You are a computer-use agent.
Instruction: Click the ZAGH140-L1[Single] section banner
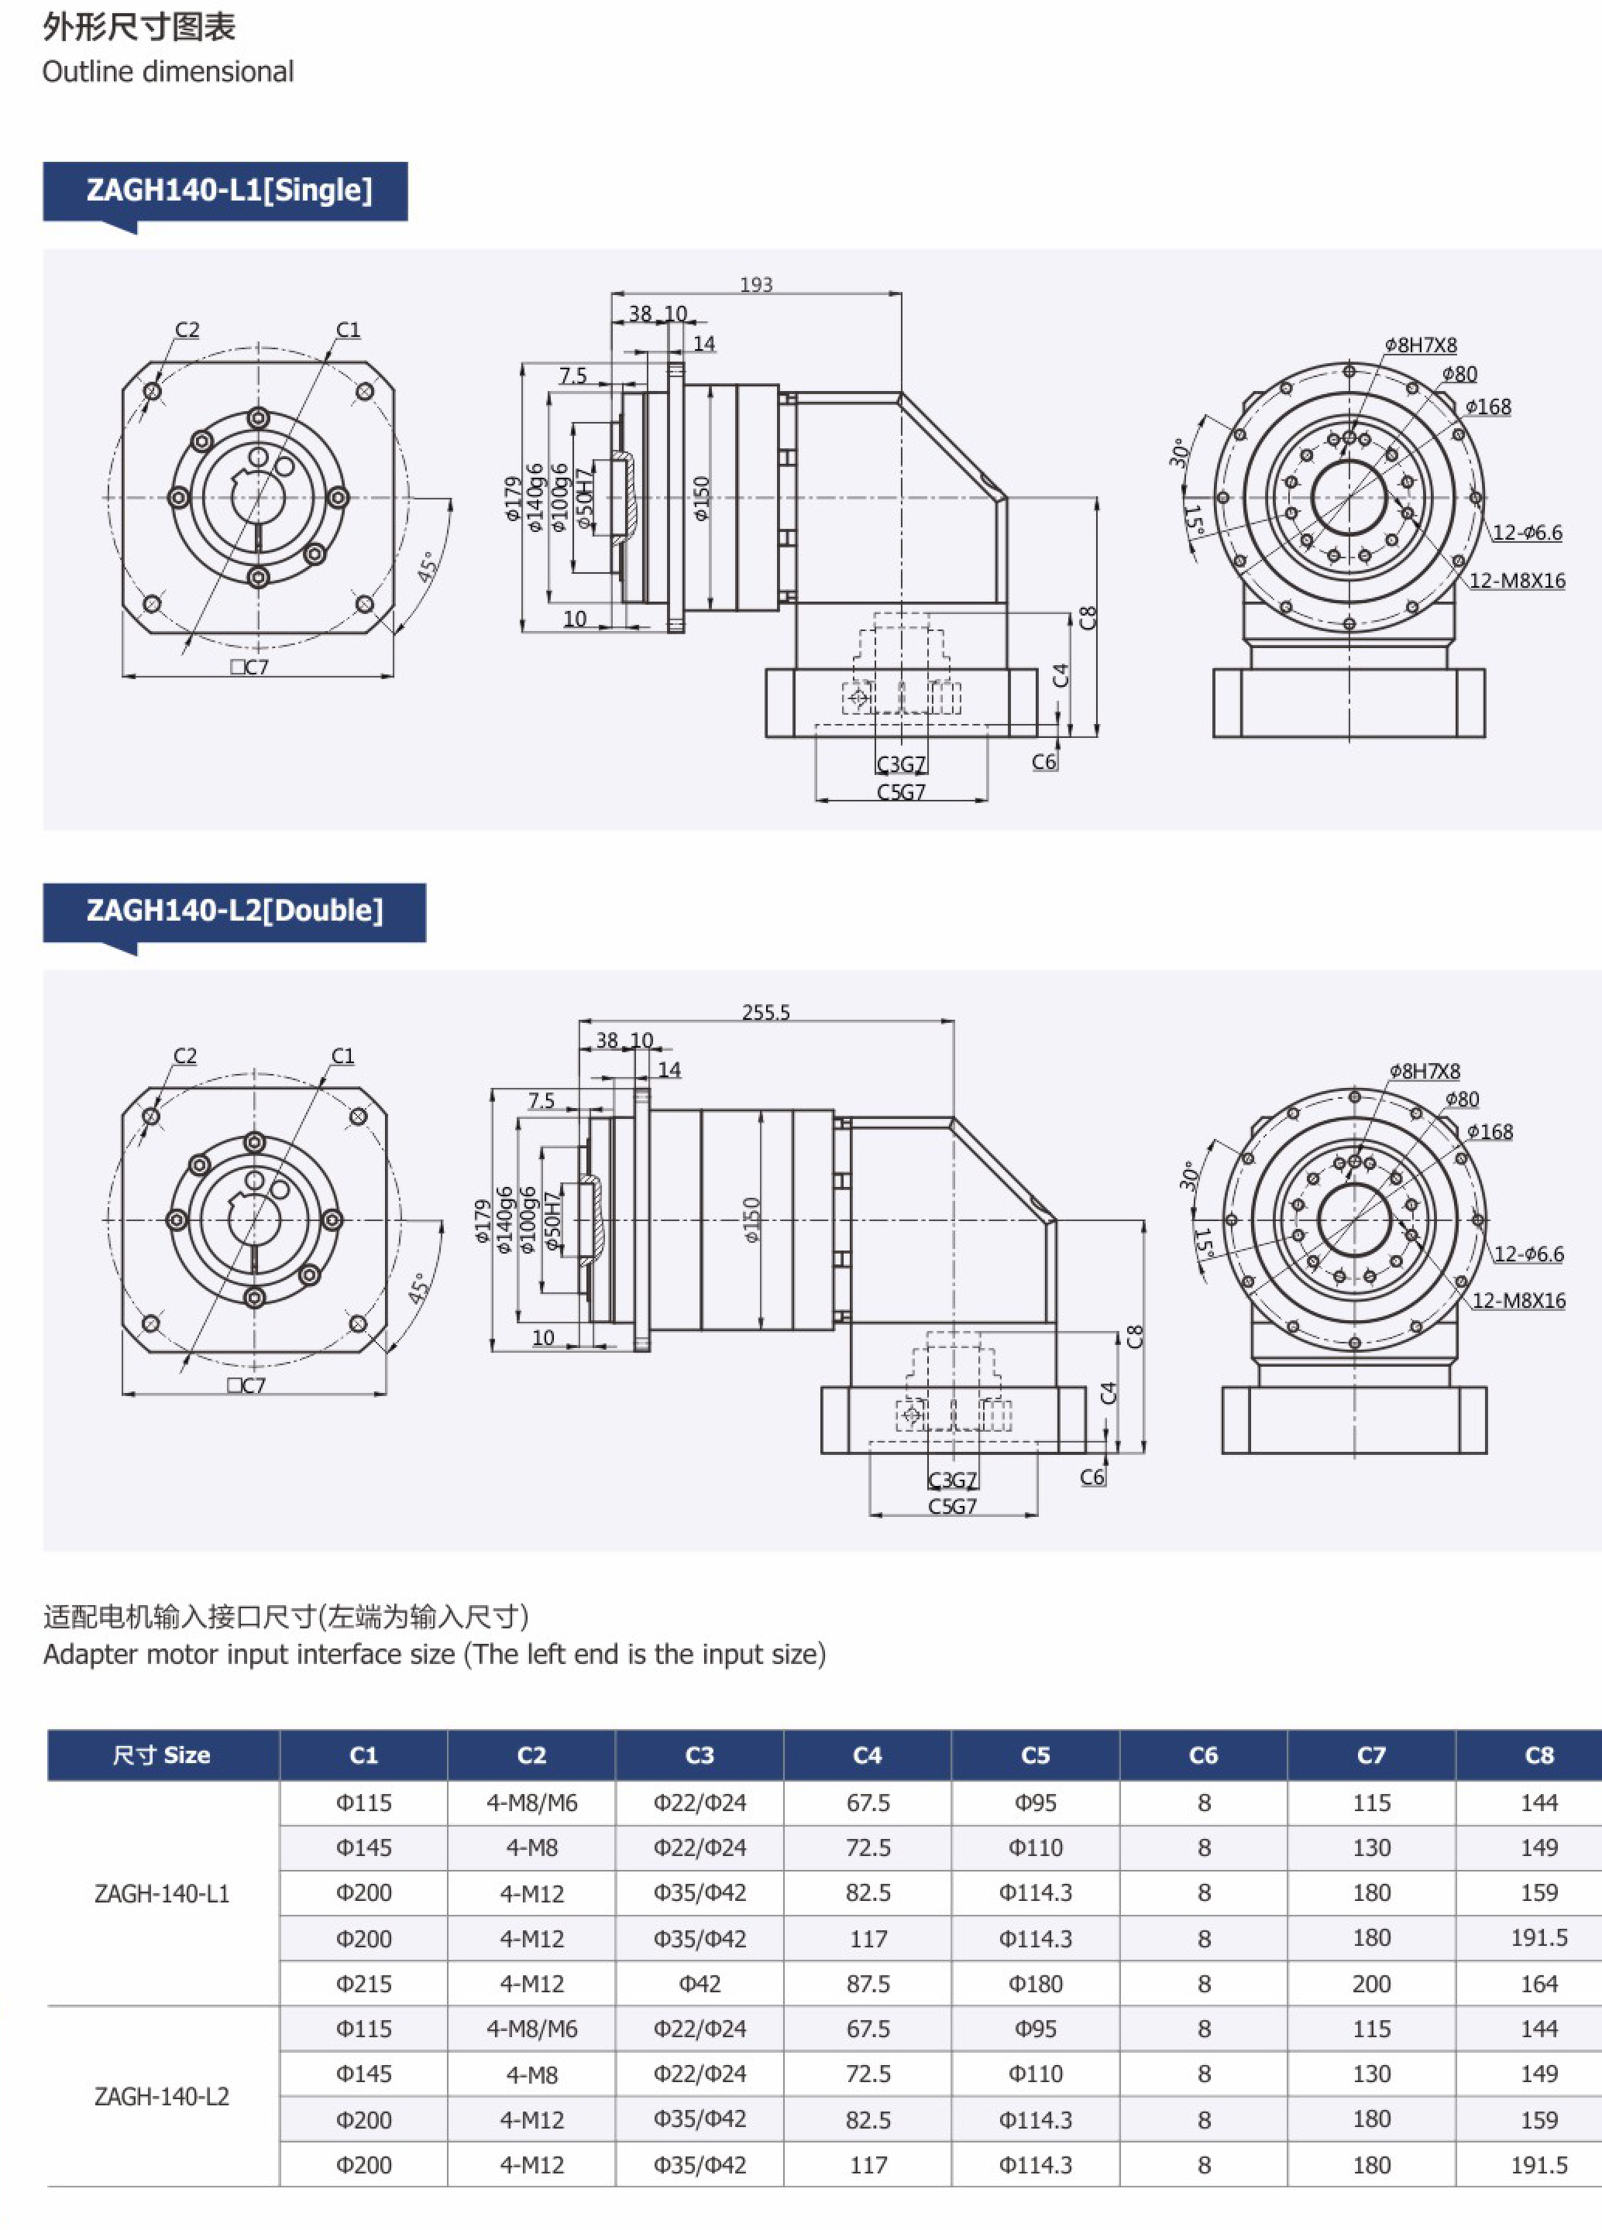pyautogui.click(x=229, y=190)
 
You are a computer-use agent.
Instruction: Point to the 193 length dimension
pyautogui.click(x=755, y=284)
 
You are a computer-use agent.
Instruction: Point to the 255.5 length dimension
pyautogui.click(x=765, y=1012)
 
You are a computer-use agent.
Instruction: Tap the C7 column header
pyautogui.click(x=1371, y=1755)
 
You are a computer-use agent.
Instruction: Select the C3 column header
pyautogui.click(x=700, y=1755)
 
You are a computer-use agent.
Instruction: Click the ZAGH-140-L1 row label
pyautogui.click(x=162, y=1892)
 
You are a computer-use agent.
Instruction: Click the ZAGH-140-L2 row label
pyautogui.click(x=162, y=2096)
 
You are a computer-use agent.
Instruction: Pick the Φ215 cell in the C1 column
pyautogui.click(x=364, y=1983)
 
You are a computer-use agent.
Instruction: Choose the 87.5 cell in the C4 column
pyautogui.click(x=868, y=1983)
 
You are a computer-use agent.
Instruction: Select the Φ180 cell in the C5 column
pyautogui.click(x=1035, y=1983)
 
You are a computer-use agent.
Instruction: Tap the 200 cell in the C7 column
pyautogui.click(x=1371, y=1983)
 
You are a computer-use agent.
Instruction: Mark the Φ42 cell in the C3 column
pyautogui.click(x=700, y=1983)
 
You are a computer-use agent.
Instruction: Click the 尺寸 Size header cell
pyautogui.click(x=162, y=1755)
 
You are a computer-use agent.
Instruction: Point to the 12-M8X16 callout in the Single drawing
pyautogui.click(x=1517, y=580)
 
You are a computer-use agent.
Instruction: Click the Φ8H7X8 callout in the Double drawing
pyautogui.click(x=1424, y=1071)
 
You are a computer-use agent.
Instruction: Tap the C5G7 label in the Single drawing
pyautogui.click(x=901, y=791)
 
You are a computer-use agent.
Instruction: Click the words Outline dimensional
pyautogui.click(x=168, y=72)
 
